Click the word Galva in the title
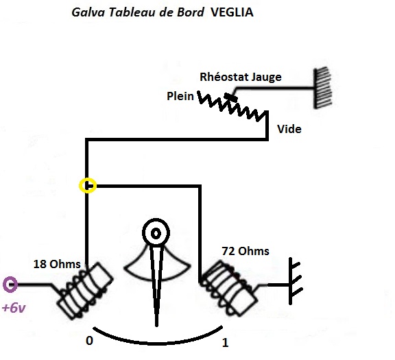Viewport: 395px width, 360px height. (x=87, y=13)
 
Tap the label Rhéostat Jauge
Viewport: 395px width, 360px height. (x=240, y=77)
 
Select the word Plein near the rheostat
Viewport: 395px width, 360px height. (x=180, y=97)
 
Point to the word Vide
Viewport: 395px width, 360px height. (x=289, y=128)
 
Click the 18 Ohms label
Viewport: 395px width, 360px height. (x=56, y=263)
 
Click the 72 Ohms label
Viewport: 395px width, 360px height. (x=245, y=251)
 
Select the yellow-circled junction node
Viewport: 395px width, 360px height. (x=88, y=185)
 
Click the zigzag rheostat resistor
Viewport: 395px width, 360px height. (x=233, y=110)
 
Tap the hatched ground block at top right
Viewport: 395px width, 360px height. (x=322, y=87)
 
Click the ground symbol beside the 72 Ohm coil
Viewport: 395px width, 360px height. (x=295, y=283)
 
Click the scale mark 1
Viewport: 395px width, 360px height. (x=225, y=342)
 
